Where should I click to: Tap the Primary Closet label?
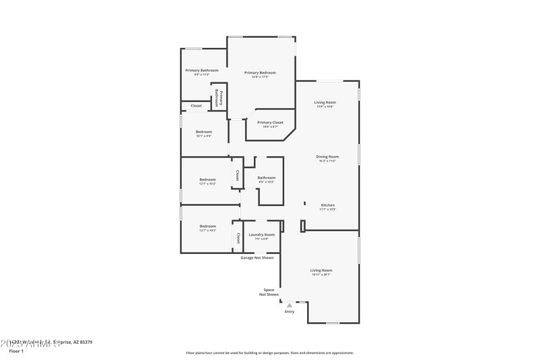click(x=270, y=122)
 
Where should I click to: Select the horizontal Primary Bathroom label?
click(x=202, y=70)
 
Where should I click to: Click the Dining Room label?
click(x=327, y=157)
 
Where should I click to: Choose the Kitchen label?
click(x=327, y=205)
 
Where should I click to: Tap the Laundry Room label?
click(x=261, y=234)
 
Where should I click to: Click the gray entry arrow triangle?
click(x=290, y=305)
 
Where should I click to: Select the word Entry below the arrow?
click(x=290, y=312)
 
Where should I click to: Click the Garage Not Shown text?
click(x=258, y=257)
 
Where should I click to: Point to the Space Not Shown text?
click(x=269, y=292)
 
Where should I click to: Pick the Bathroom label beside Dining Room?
click(x=266, y=178)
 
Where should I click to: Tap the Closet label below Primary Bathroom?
click(x=196, y=106)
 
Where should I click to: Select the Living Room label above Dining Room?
click(x=325, y=103)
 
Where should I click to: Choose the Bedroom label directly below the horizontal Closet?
click(x=204, y=132)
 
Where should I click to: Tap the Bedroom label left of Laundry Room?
click(x=207, y=226)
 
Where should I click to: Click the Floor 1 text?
click(x=16, y=351)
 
